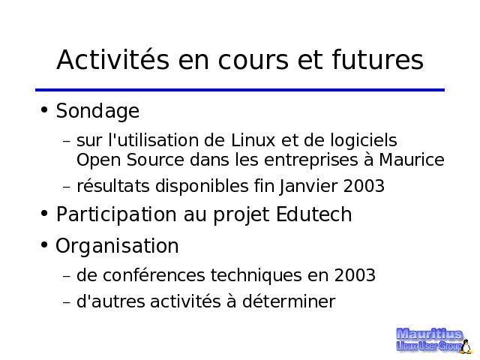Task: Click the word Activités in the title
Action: click(x=113, y=59)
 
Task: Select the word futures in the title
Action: click(x=378, y=59)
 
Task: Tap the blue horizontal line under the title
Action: click(x=240, y=90)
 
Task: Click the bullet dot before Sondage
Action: click(x=44, y=109)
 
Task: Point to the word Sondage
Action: click(x=97, y=111)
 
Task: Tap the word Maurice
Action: click(x=412, y=160)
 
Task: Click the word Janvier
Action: click(x=308, y=187)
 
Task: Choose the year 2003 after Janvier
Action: click(x=364, y=186)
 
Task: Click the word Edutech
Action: click(x=314, y=214)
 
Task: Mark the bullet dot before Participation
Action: click(x=44, y=213)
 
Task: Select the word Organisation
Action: click(x=117, y=247)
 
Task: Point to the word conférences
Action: click(x=154, y=275)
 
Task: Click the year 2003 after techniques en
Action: click(x=355, y=275)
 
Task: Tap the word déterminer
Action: click(x=289, y=301)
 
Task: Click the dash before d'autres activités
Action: click(x=67, y=302)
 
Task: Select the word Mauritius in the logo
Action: click(x=429, y=334)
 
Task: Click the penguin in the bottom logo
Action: click(x=466, y=346)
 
